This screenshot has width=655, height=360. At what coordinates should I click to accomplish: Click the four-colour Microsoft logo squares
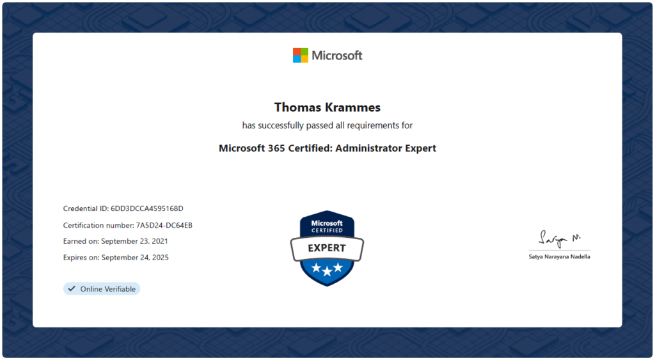click(301, 55)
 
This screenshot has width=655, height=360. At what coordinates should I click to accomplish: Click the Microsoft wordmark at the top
click(337, 56)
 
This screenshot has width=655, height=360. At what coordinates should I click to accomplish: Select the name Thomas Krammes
click(327, 107)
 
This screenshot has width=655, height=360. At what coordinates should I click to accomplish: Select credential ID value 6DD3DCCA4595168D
click(147, 208)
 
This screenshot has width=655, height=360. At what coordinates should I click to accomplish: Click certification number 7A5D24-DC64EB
click(164, 226)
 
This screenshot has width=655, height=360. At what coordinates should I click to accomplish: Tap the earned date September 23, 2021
click(134, 242)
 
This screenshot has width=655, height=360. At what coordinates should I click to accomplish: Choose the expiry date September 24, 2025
click(135, 258)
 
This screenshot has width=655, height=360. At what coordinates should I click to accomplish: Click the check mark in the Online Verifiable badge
click(72, 288)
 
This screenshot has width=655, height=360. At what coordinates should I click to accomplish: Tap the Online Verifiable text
click(107, 289)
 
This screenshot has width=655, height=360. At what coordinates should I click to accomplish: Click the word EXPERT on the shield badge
click(327, 248)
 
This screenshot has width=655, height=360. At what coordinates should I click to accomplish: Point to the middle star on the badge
click(327, 272)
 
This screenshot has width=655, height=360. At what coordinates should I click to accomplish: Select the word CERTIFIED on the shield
click(327, 231)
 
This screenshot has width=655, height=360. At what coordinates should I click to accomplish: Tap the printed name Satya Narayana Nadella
click(559, 257)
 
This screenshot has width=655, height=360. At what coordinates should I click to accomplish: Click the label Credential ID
click(86, 208)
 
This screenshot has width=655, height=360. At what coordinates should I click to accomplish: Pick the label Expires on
click(81, 258)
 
